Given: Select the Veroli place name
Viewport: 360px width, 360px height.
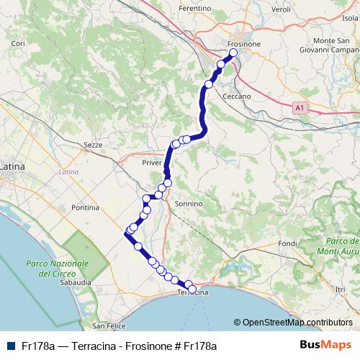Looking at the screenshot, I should pyautogui.click(x=282, y=9).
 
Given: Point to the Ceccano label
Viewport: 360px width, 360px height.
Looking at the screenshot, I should pyautogui.click(x=236, y=96).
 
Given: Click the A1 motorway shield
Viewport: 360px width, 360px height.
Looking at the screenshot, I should pyautogui.click(x=300, y=107).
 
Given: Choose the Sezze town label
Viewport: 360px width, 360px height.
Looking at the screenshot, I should pyautogui.click(x=94, y=145).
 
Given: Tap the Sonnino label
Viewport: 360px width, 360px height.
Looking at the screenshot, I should pyautogui.click(x=189, y=204).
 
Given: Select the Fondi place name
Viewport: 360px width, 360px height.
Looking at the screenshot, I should pyautogui.click(x=287, y=243).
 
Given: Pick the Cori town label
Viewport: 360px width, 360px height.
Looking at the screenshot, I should pyautogui.click(x=19, y=44).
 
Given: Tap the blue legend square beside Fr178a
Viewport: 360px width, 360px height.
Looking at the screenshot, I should pyautogui.click(x=8, y=346).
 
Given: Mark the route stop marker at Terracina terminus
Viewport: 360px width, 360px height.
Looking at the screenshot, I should pyautogui.click(x=192, y=289).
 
